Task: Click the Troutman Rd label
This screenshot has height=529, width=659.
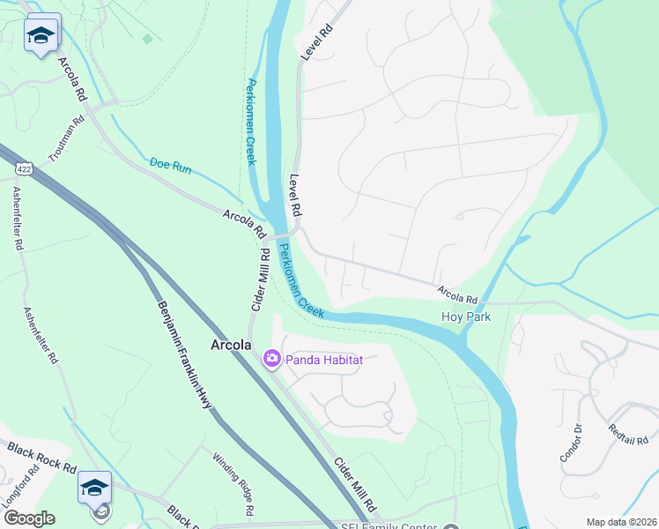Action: (69, 137)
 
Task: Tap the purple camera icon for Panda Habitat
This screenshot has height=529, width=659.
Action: (271, 358)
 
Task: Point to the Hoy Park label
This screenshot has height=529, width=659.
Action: (466, 317)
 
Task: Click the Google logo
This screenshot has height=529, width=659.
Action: (29, 518)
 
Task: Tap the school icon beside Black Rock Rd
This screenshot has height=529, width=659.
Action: (94, 486)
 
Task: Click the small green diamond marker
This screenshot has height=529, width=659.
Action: (147, 38)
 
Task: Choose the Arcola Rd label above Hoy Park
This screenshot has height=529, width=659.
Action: (457, 294)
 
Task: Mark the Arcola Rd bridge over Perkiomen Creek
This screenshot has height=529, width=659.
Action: (284, 234)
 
